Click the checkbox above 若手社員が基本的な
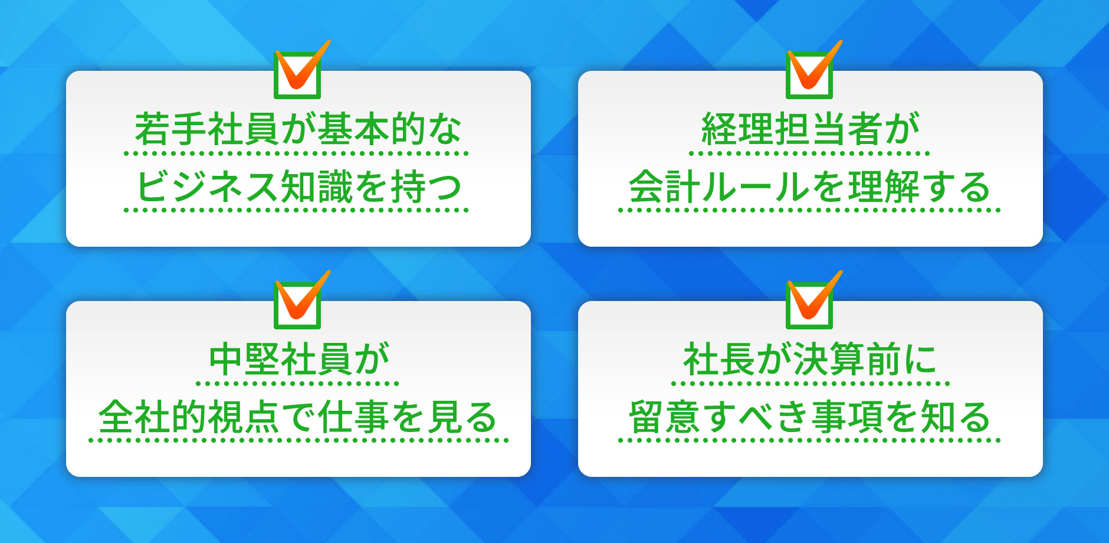[x=297, y=74]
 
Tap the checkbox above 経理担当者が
[x=809, y=74]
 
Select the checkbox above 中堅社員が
[x=297, y=305]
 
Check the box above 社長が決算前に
[x=809, y=305]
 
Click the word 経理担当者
[x=791, y=129]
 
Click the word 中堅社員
[x=280, y=359]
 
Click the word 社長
[x=718, y=359]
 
